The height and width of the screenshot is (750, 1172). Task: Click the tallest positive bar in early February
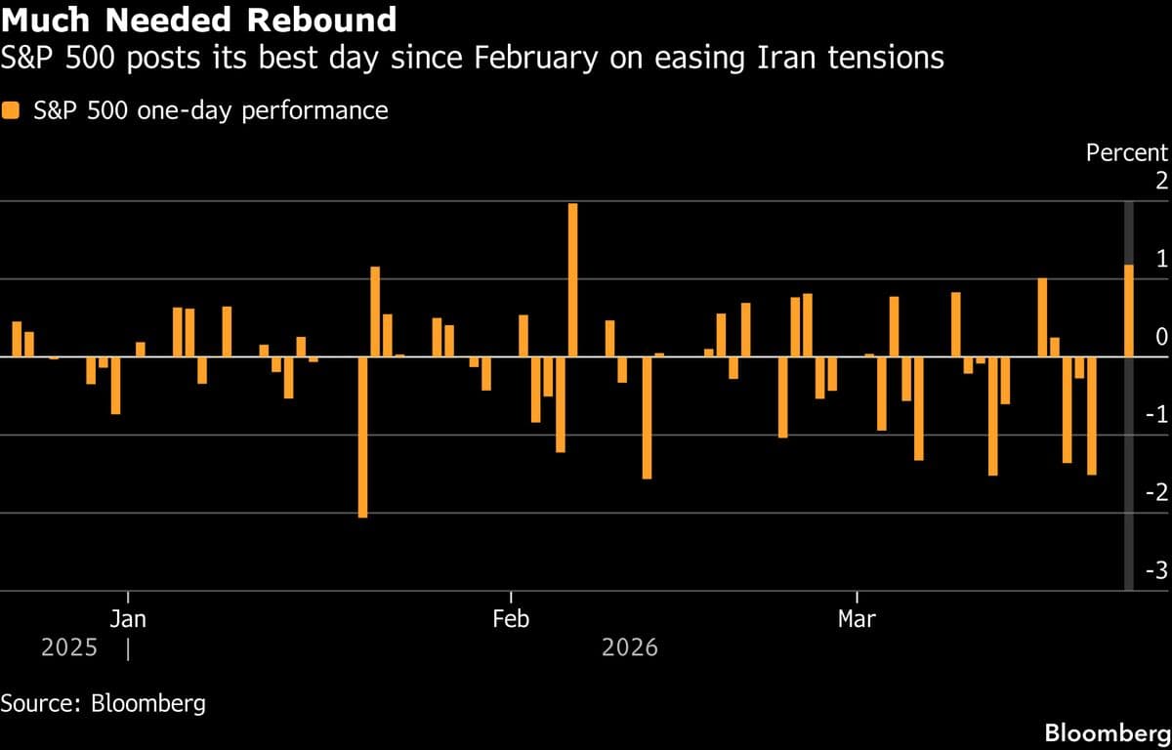(572, 280)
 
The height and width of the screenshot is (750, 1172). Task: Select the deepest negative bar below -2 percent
(362, 437)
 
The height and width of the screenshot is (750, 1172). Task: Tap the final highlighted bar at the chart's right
(1129, 311)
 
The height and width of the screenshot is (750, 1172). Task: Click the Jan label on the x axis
(128, 619)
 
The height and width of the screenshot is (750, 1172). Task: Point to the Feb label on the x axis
(511, 619)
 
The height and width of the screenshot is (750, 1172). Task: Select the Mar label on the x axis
(857, 619)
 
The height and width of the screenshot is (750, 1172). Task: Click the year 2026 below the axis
(630, 647)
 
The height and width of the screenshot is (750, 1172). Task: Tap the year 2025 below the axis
(69, 647)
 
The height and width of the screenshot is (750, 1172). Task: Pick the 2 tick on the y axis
(1160, 181)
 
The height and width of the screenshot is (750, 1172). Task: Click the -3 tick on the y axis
(1156, 570)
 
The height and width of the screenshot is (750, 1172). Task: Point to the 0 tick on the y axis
(1160, 337)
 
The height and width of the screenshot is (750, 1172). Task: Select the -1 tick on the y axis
(1156, 415)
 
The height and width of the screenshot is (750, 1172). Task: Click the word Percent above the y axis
(1127, 152)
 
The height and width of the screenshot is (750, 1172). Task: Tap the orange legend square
(11, 110)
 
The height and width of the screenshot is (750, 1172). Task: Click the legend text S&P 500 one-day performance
(210, 110)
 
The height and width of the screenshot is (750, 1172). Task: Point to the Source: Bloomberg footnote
(104, 703)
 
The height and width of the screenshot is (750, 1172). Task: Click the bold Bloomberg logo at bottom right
(1107, 732)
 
